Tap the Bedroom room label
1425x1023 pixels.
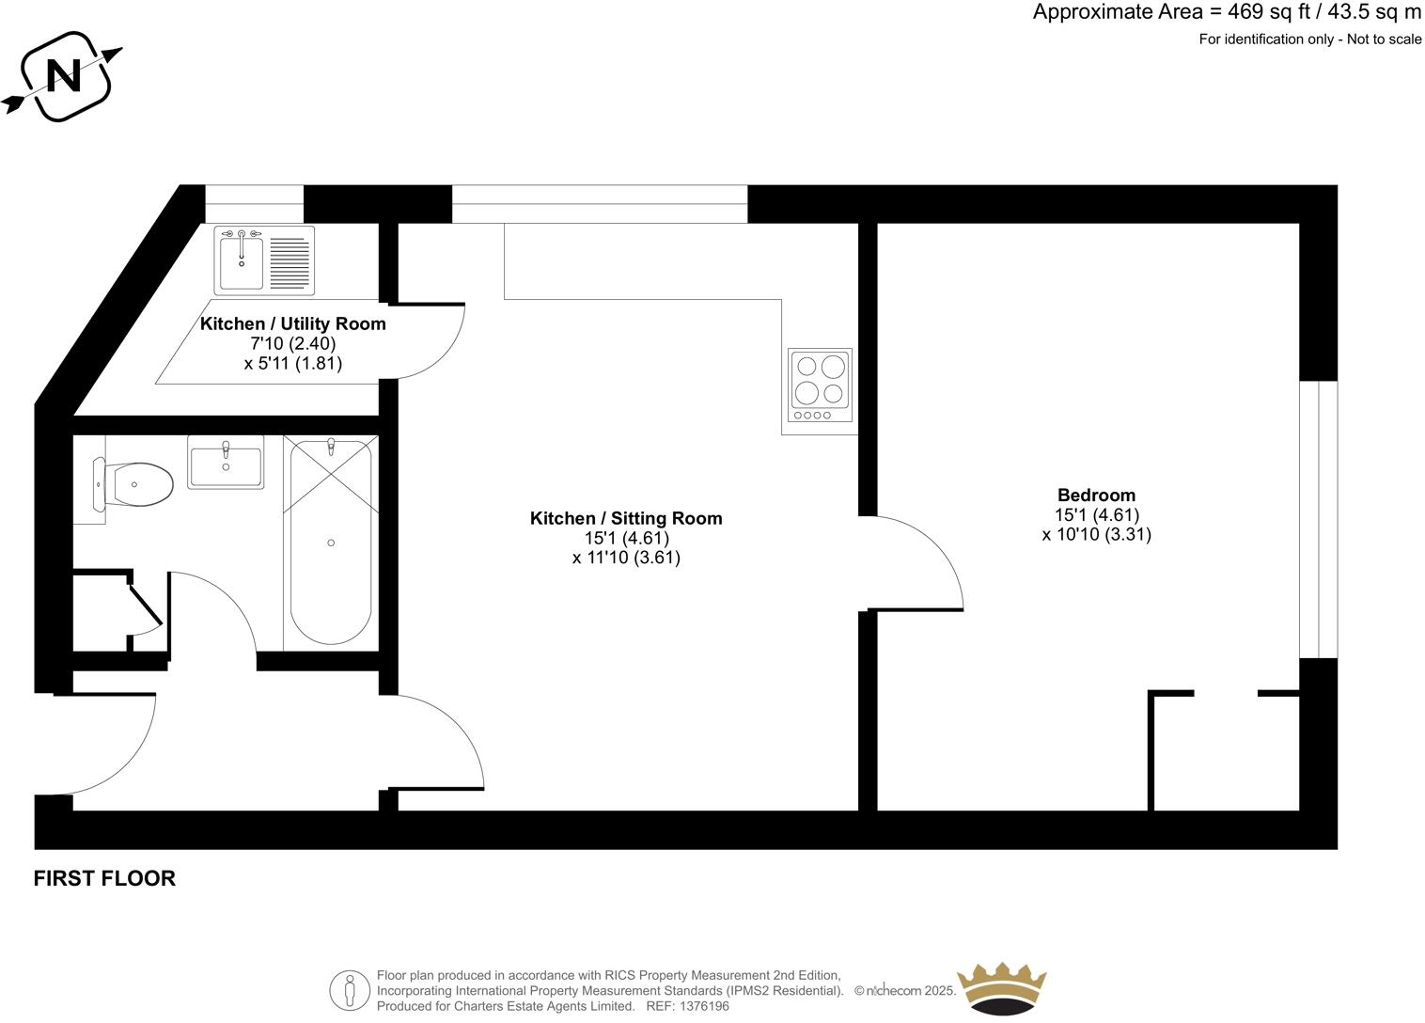coord(1096,496)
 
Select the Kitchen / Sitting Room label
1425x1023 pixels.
coord(626,518)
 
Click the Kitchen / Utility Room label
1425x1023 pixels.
coord(292,323)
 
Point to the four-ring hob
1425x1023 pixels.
coord(820,385)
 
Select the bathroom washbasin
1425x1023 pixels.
coord(226,463)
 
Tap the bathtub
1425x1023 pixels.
coord(330,543)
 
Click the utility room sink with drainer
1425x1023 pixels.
coord(264,260)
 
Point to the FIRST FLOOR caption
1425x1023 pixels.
coord(104,878)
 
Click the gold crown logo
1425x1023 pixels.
coord(1001,987)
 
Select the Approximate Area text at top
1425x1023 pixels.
coord(1227,12)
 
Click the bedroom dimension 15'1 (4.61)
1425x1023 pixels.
coord(1096,515)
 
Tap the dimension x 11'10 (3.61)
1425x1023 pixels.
coord(626,558)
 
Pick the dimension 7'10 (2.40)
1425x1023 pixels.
coord(292,343)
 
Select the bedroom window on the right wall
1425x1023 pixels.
coord(1318,519)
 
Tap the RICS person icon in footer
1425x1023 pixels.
coord(350,990)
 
